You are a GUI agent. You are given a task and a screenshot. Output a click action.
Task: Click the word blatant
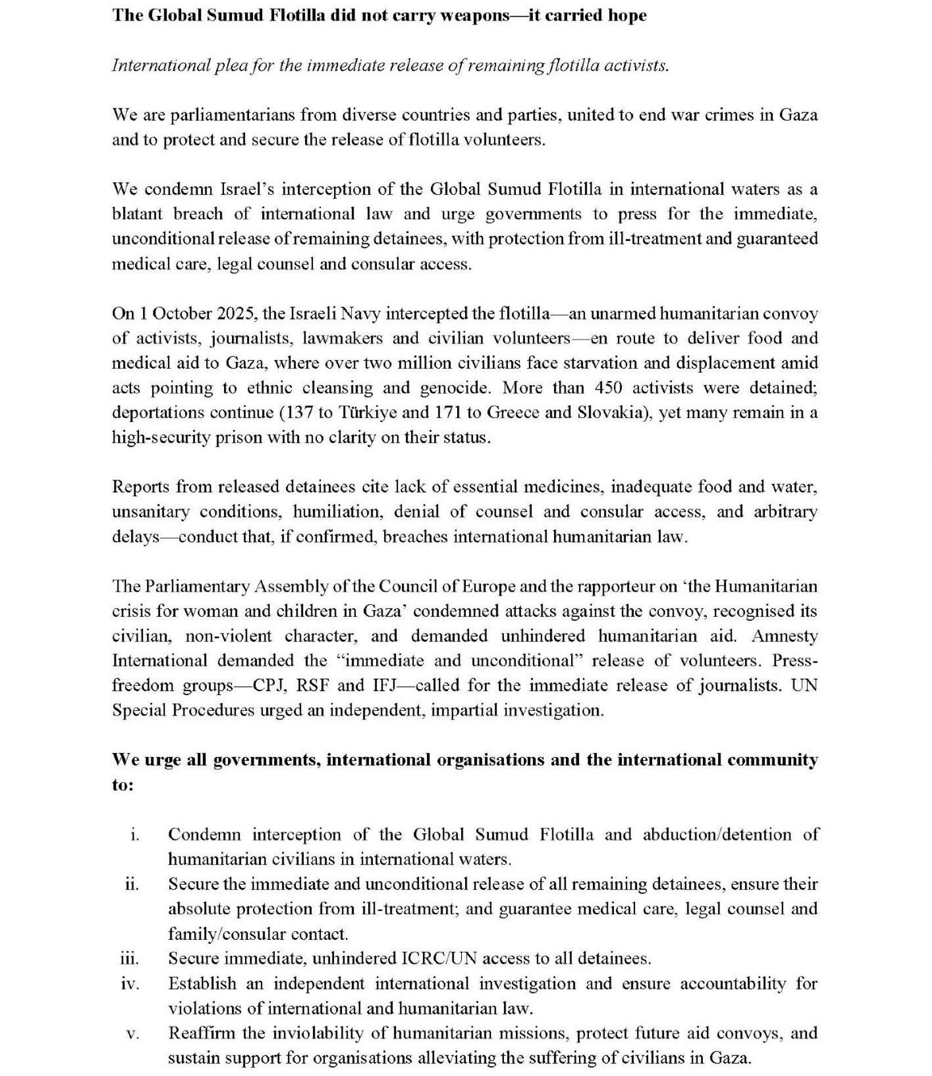coord(137,214)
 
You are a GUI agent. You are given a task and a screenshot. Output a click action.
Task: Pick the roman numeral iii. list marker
coord(130,959)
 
